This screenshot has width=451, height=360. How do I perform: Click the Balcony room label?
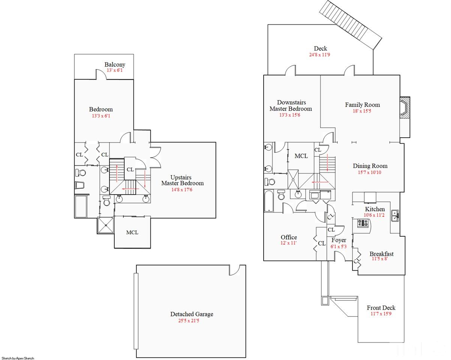click(x=115, y=64)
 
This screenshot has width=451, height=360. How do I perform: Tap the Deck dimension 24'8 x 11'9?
click(x=319, y=55)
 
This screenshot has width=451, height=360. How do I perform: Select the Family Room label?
click(x=363, y=105)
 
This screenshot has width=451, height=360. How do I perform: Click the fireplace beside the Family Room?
click(x=405, y=107)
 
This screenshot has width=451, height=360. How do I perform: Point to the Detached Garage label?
click(x=192, y=314)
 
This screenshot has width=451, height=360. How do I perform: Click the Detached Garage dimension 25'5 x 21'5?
click(x=189, y=321)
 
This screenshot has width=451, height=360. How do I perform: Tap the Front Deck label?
click(x=381, y=308)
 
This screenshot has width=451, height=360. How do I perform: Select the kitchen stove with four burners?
click(x=363, y=223)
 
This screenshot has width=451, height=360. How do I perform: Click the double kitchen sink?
click(x=395, y=216)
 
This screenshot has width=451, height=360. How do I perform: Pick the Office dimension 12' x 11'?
click(x=288, y=243)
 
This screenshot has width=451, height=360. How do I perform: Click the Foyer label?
click(x=339, y=240)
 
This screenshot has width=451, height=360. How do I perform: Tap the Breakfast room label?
click(x=381, y=254)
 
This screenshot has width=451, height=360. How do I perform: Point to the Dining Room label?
click(x=370, y=166)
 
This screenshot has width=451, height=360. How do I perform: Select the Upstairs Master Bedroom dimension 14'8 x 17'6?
click(x=182, y=190)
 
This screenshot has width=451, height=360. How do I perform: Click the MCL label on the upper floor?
click(x=132, y=232)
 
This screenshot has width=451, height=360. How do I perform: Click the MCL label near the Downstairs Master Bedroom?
click(x=301, y=156)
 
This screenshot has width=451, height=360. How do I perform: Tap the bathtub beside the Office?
click(x=268, y=201)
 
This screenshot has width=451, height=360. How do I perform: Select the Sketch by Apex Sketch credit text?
click(x=18, y=358)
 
